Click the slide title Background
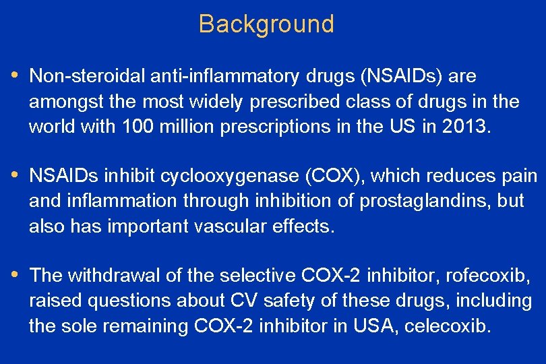click(x=266, y=24)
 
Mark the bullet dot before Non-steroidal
click(x=16, y=75)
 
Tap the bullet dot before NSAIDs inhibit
click(x=16, y=175)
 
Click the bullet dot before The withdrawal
click(x=16, y=274)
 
